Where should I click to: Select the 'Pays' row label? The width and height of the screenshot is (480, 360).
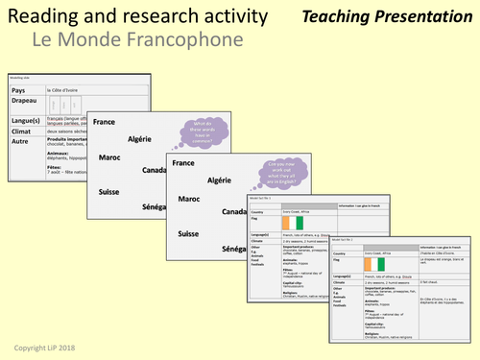coord(18,89)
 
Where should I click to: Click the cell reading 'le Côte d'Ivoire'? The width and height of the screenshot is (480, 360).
coord(68,89)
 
